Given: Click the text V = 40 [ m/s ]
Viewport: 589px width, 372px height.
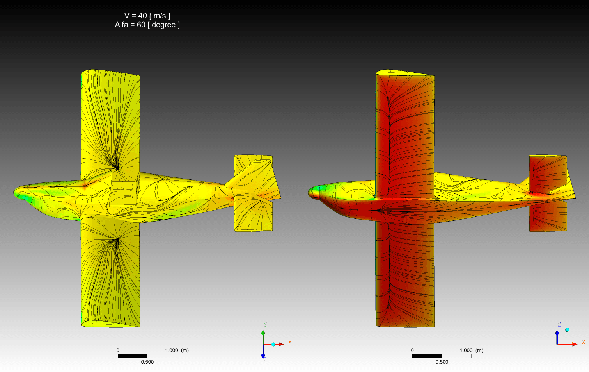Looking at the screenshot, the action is (147, 16).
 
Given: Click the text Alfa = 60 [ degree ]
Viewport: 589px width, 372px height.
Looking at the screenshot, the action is (147, 25).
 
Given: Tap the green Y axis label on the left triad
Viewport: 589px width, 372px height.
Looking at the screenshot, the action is (265, 324).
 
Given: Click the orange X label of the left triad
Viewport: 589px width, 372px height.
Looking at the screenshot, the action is (290, 342).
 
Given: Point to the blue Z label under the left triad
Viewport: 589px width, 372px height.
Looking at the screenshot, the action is (265, 359).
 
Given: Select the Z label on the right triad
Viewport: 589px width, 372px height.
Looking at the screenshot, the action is (559, 324).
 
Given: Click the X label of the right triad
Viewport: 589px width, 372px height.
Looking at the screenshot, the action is (584, 342).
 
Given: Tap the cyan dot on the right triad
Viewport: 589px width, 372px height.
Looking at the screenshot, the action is (567, 330).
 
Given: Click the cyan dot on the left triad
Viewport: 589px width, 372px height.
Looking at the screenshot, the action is (273, 344).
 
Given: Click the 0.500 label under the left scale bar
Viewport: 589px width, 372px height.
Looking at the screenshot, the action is (147, 362).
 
